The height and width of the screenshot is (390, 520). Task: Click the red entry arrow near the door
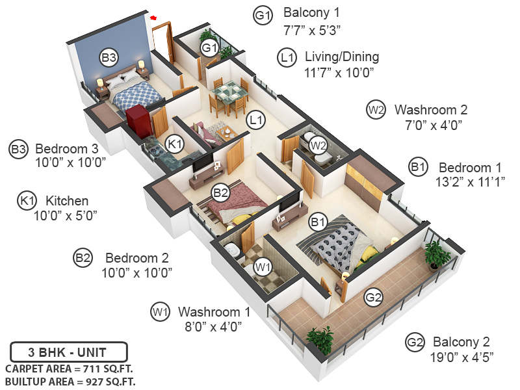(154, 18)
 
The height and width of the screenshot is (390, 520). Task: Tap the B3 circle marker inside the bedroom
(109, 58)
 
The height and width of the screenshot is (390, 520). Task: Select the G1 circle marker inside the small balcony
(209, 47)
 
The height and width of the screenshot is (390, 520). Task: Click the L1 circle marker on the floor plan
(255, 120)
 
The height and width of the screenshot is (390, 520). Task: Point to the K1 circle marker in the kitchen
(174, 144)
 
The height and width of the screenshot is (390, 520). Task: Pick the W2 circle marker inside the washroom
(317, 145)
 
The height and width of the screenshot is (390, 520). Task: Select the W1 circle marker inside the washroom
(262, 266)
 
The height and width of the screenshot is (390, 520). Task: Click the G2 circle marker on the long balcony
(372, 298)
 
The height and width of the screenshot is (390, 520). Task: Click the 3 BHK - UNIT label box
(67, 354)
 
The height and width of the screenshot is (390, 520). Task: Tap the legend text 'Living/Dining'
(342, 57)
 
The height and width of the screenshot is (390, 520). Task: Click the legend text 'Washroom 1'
(214, 311)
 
